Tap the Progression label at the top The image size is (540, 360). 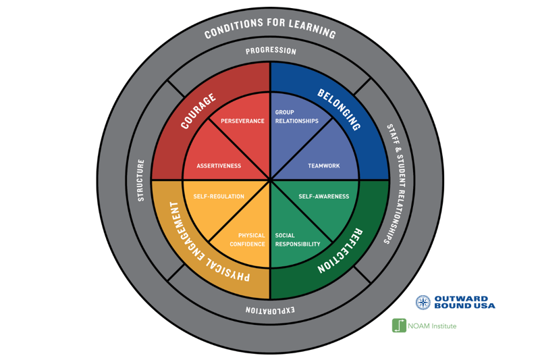(x=270, y=51)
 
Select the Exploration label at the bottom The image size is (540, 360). (x=270, y=311)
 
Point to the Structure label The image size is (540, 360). (x=141, y=180)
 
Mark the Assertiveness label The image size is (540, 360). (x=219, y=165)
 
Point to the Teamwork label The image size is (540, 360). (x=324, y=165)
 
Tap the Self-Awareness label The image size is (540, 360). (x=324, y=197)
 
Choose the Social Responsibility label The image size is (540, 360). (x=297, y=240)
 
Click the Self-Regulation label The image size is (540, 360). (x=219, y=197)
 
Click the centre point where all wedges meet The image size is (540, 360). (x=270, y=180)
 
